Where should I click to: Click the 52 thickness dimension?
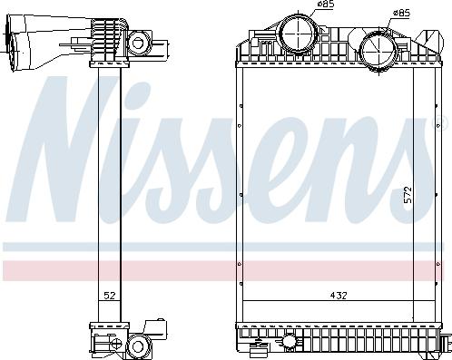[107, 296]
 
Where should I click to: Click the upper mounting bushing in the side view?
[139, 41]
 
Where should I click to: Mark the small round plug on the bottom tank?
[290, 342]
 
